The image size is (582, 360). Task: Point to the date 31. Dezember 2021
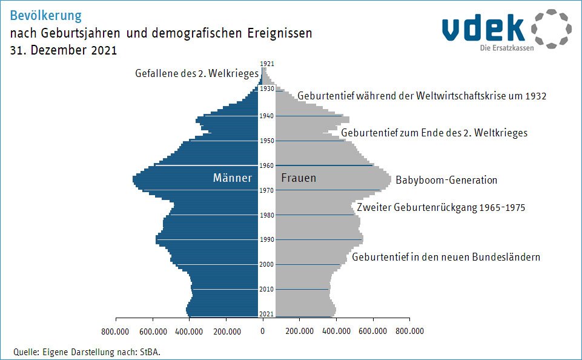64,51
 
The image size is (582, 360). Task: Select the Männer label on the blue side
233,178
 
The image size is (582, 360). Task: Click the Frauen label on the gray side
299,178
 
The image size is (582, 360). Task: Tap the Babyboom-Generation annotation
446,180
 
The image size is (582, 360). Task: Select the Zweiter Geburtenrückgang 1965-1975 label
441,207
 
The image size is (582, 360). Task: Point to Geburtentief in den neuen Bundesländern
446,257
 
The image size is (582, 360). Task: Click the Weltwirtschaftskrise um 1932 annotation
422,96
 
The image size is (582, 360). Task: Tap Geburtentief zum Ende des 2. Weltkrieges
434,133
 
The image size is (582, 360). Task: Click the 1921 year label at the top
266,63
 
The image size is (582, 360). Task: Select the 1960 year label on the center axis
266,165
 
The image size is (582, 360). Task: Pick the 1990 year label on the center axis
266,239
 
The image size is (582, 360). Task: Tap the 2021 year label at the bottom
266,313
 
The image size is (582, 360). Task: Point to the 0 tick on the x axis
263,332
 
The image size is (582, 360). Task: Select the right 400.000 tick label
336,332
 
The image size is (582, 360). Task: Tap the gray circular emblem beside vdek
551,28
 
